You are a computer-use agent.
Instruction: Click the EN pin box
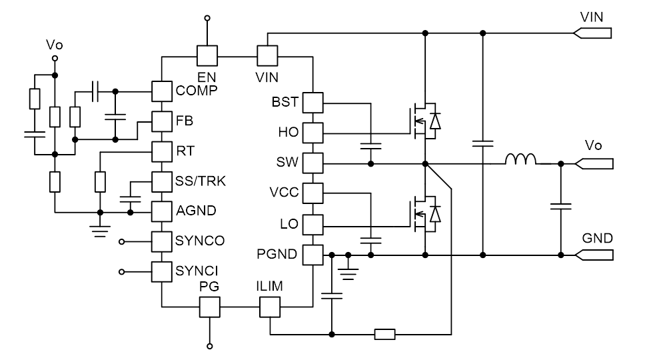point(207,55)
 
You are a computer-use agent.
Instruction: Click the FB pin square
point(162,121)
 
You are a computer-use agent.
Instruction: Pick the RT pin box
point(162,151)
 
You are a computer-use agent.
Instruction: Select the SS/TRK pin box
point(162,181)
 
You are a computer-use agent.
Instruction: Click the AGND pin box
point(162,211)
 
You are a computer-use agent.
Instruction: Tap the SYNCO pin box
point(162,241)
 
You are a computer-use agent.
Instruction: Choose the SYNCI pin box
point(162,271)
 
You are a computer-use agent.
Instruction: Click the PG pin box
point(210,307)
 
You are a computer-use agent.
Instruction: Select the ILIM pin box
point(269,307)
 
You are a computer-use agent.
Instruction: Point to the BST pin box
point(313,103)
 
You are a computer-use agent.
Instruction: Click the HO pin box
point(313,133)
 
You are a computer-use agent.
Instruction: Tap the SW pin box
point(313,163)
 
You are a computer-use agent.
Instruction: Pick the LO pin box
point(313,224)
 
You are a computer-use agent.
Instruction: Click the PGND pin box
point(313,254)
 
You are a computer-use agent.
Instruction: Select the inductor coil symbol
point(521,160)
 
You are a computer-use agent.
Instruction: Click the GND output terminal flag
point(592,254)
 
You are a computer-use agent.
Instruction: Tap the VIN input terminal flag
point(592,32)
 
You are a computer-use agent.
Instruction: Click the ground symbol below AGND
point(100,229)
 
